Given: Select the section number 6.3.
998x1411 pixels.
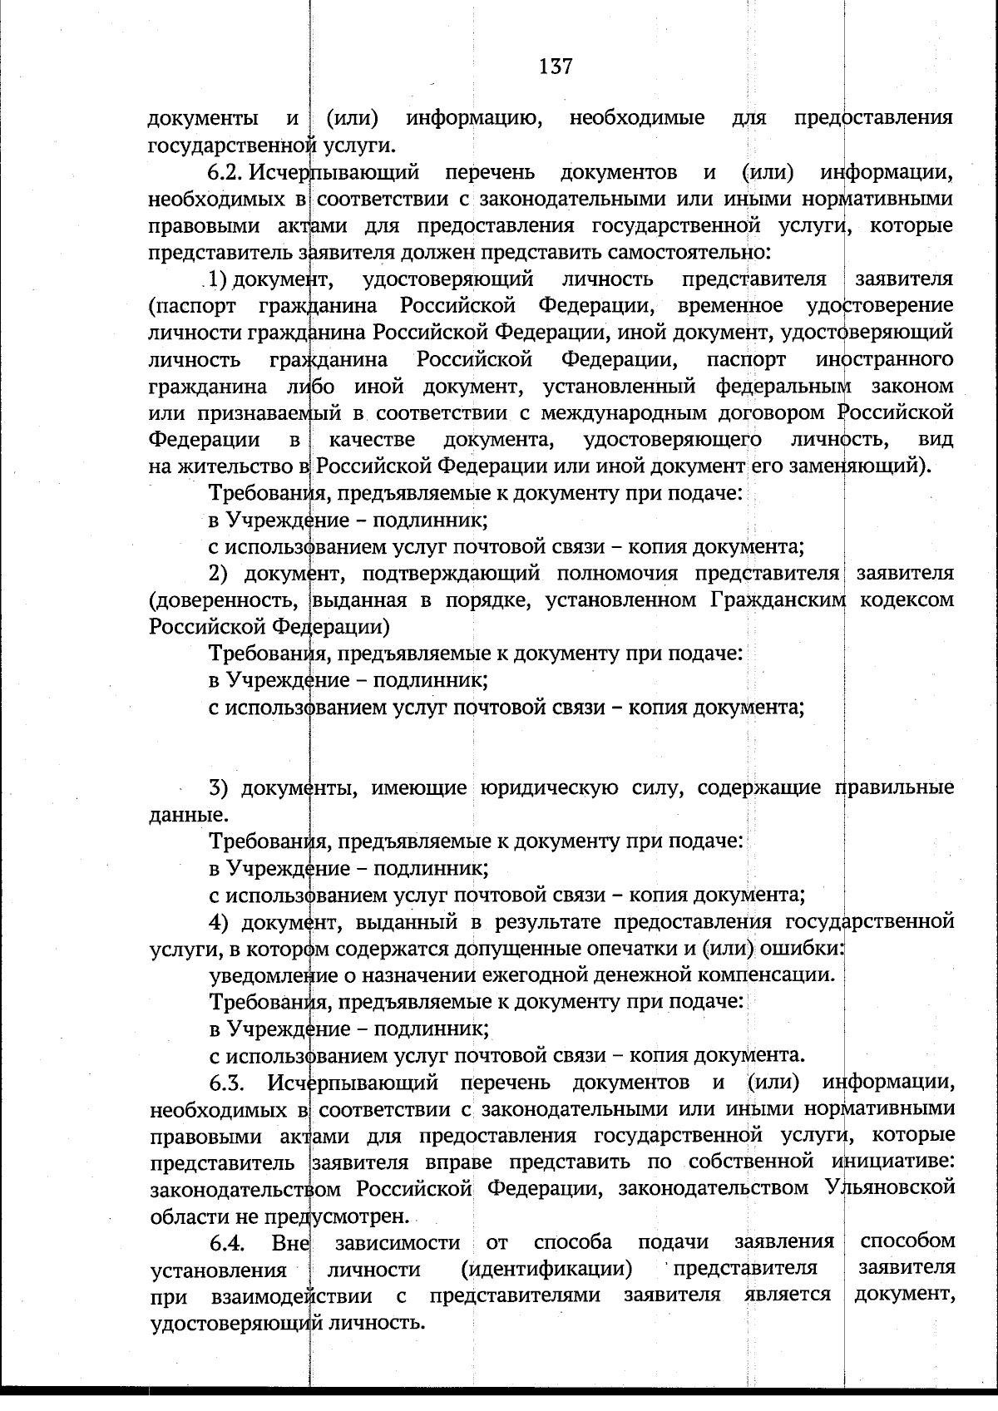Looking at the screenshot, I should pyautogui.click(x=228, y=1083).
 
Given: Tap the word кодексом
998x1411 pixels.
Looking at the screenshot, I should pyautogui.click(x=906, y=600).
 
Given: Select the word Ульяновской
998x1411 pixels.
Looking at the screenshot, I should pyautogui.click(x=891, y=1189).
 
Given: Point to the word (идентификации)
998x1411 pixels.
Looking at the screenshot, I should pyautogui.click(x=546, y=1270).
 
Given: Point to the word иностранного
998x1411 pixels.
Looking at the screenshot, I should pyautogui.click(x=885, y=360).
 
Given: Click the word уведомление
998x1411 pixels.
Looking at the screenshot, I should pyautogui.click(x=264, y=974).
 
